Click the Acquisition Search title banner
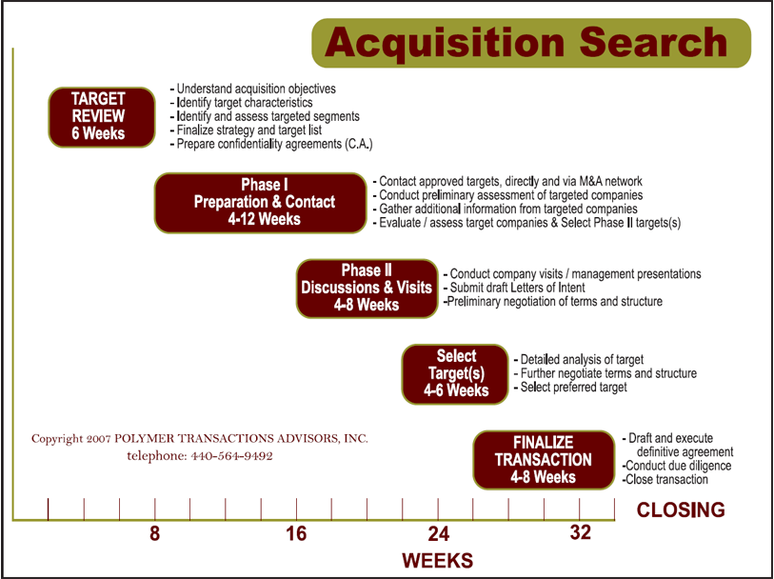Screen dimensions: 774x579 tap(531, 43)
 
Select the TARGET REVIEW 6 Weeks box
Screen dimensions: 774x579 tap(102, 117)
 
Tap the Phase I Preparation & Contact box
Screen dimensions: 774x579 tap(261, 203)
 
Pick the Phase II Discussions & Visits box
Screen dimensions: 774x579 tap(367, 289)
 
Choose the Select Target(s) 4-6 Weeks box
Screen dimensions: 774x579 tap(455, 374)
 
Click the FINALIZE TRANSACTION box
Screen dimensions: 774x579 tap(544, 460)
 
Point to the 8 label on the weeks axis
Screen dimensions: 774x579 tap(155, 534)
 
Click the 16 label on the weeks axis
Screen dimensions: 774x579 tap(296, 534)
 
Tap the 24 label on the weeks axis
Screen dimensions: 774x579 tap(439, 534)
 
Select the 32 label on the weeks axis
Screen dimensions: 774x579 tap(580, 533)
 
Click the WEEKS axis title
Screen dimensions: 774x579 tap(437, 561)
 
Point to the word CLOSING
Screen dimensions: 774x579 tap(681, 509)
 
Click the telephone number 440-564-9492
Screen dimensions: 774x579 tap(232, 456)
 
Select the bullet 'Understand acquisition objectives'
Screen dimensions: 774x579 tap(252, 89)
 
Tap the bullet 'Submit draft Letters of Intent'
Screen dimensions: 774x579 tap(515, 288)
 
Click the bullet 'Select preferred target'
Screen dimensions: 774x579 tap(570, 387)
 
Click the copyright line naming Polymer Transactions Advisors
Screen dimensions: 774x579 tap(199, 439)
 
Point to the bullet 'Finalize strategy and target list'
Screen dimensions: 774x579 tap(246, 130)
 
